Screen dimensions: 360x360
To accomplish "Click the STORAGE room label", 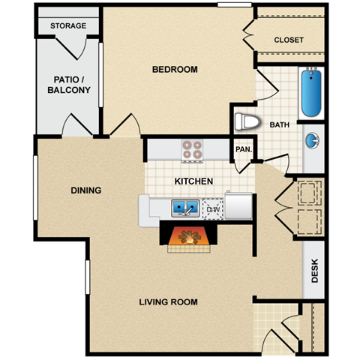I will coord(68,26).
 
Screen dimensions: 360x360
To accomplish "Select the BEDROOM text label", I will coord(175,70).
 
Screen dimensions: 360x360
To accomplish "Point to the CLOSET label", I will coord(289,40).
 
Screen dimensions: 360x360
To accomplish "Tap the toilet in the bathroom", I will coord(246,121).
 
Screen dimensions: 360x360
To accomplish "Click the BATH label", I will coord(280,125).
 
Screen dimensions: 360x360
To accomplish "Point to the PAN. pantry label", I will coord(244,149).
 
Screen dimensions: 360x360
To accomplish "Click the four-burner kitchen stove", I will coord(193,150).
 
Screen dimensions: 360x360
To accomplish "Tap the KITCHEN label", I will coord(194,181).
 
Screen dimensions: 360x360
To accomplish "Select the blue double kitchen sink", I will coord(184,206).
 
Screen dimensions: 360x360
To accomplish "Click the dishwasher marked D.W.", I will coord(213,208).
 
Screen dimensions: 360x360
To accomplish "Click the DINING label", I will coord(86,190).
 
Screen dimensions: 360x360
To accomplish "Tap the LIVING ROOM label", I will coord(169,302).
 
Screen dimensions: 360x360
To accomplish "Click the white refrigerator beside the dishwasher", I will coord(238,205).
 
